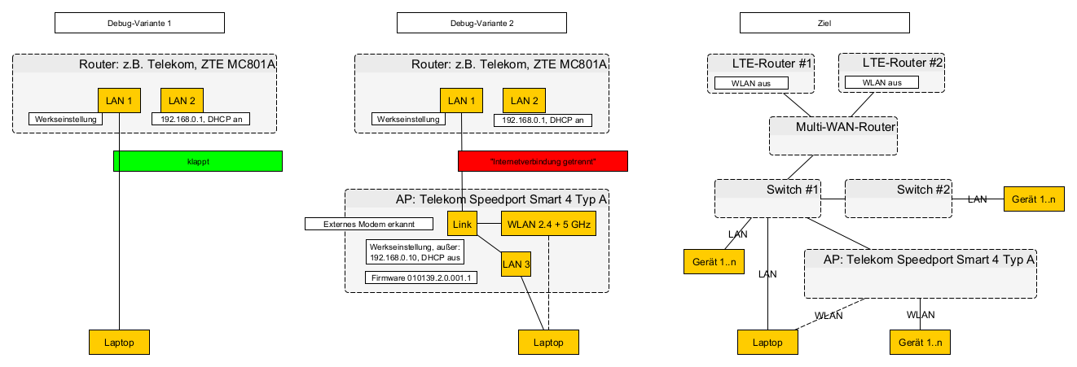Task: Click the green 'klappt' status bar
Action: pos(197,161)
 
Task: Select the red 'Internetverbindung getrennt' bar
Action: pos(543,161)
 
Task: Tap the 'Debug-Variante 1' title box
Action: pos(139,23)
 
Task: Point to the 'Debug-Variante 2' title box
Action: pos(481,23)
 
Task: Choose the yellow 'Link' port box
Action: pos(462,223)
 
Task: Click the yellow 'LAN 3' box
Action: pos(516,264)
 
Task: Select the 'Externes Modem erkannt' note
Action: pos(369,223)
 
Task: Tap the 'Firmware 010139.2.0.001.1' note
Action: pos(423,278)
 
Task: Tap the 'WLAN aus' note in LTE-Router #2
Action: pos(883,82)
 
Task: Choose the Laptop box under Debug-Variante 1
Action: pos(119,342)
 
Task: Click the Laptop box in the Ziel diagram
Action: pos(768,342)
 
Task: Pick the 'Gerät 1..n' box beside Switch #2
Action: pos(1034,199)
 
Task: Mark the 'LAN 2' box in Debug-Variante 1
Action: pos(182,100)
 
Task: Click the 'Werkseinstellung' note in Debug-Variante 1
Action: pos(66,119)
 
